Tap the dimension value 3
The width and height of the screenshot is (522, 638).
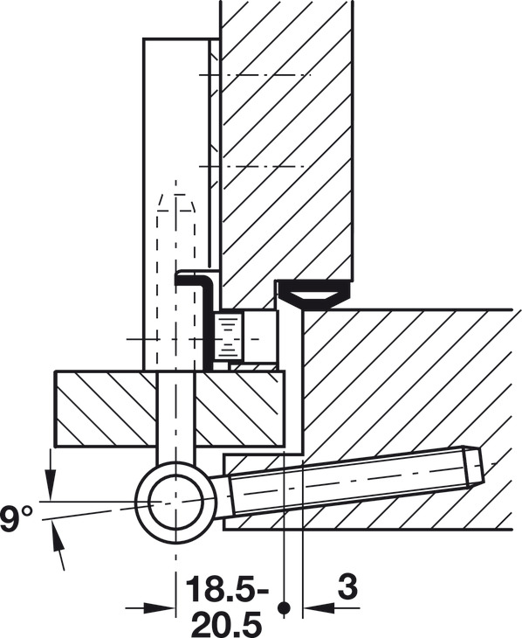coord(347,586)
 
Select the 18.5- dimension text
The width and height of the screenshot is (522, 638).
coord(227,589)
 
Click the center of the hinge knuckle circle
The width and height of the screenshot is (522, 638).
coord(175,500)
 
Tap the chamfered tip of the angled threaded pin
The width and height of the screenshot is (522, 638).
coord(472,467)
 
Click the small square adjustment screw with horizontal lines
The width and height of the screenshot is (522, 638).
coord(229,336)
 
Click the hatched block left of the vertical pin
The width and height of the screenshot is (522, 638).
coord(106,409)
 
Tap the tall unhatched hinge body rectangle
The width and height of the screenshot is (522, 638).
coord(175,204)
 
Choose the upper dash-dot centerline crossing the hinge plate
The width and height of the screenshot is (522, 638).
coord(255,75)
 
